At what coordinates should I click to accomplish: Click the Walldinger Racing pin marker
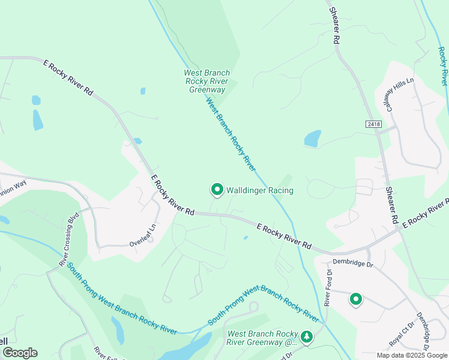217,190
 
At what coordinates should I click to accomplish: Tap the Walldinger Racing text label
259,191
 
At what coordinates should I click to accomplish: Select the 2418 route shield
372,123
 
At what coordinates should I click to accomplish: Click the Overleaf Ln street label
142,244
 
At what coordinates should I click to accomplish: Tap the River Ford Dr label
328,287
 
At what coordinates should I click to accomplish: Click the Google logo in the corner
19,353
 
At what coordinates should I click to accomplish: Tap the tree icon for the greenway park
307,337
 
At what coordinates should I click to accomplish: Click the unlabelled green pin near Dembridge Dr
355,299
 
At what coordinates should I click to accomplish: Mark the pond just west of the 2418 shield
313,139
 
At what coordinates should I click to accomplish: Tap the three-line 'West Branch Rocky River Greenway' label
207,82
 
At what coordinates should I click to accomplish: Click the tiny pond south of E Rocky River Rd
246,238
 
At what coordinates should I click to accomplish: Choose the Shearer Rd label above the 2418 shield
334,24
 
